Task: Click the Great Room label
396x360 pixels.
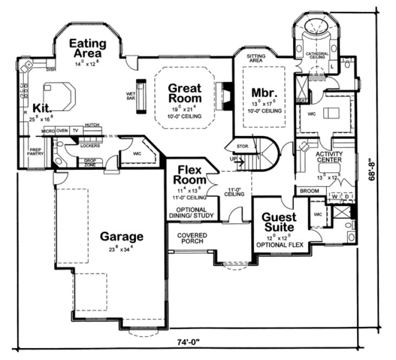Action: click(x=184, y=93)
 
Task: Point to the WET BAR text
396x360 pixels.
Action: click(x=131, y=95)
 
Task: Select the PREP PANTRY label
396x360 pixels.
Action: click(x=36, y=153)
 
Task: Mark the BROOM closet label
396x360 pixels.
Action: click(x=310, y=191)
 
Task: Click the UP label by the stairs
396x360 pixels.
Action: click(x=233, y=159)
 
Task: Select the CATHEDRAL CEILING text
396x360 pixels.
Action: click(x=316, y=56)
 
